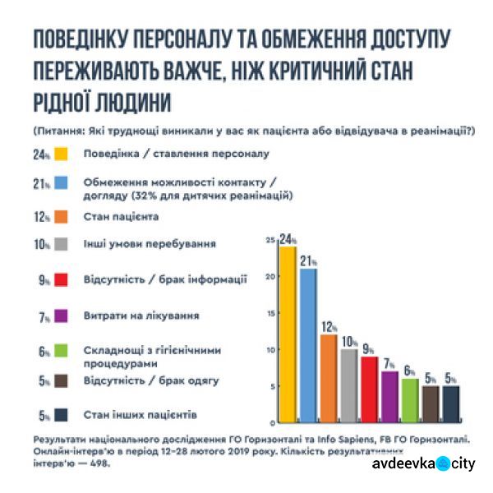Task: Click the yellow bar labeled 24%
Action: coord(287,329)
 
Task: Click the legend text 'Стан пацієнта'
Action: coord(121,217)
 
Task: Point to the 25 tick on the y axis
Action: coord(269,240)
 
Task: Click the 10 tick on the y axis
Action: coord(269,351)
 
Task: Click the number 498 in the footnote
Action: coord(99,463)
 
